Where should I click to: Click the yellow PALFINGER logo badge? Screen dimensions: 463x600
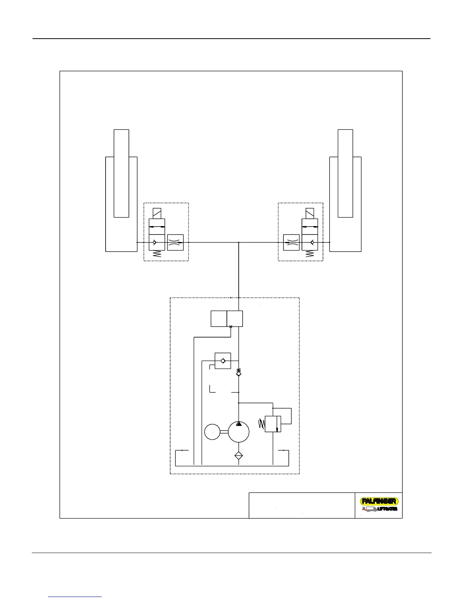coord(379,501)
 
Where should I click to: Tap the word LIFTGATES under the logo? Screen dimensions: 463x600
coord(387,509)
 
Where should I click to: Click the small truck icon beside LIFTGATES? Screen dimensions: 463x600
coord(369,509)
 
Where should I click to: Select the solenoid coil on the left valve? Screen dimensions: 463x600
coord(157,213)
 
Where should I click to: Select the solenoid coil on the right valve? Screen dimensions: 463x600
coord(309,213)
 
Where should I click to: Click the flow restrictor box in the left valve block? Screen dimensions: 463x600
coord(175,242)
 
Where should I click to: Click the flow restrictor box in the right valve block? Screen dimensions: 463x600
coord(291,242)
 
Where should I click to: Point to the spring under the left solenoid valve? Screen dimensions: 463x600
coord(157,254)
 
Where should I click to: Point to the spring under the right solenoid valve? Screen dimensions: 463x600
coord(310,254)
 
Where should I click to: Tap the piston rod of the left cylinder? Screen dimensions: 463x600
coord(121,173)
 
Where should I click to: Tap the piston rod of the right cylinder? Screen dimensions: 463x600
coord(345,173)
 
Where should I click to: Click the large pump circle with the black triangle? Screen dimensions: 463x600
coord(239,432)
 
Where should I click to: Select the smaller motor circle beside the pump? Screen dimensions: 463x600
coord(212,432)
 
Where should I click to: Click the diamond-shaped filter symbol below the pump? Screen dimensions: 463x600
coord(239,455)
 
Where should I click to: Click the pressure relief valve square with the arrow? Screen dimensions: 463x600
coord(273,424)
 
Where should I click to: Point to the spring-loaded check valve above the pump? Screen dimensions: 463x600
coord(239,372)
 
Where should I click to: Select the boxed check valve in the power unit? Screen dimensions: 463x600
coord(223,361)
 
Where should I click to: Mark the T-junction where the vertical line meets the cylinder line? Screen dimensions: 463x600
coord(239,242)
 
